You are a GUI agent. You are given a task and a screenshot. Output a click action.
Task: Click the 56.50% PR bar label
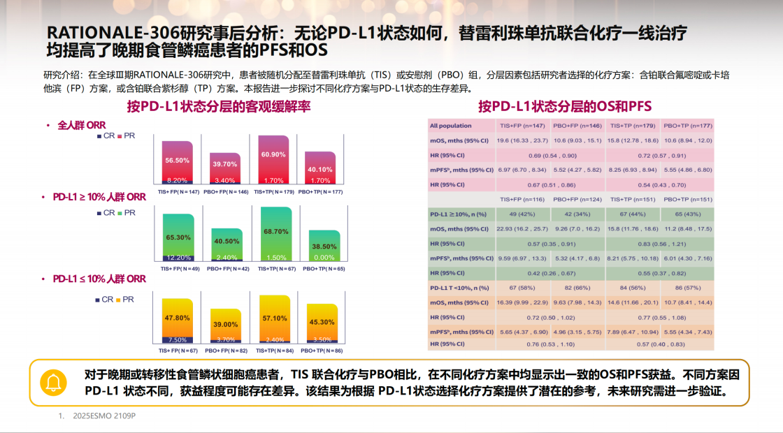(178, 161)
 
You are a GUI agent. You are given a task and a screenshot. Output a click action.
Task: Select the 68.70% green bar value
(275, 231)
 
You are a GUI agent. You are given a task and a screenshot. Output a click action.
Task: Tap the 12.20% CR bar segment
(178, 258)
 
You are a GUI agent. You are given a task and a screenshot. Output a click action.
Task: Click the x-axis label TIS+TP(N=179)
(275, 191)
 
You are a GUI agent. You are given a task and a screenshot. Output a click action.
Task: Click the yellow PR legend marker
(120, 300)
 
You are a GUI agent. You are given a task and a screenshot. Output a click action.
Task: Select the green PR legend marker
(120, 213)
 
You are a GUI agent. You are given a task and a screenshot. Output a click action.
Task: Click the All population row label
(450, 126)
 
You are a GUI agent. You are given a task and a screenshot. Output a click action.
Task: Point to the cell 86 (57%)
(687, 288)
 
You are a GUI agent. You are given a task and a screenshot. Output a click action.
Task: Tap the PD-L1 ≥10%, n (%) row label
(459, 214)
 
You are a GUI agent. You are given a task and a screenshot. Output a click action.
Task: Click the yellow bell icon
(54, 382)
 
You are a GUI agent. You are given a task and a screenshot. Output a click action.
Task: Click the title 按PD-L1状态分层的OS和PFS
(564, 106)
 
